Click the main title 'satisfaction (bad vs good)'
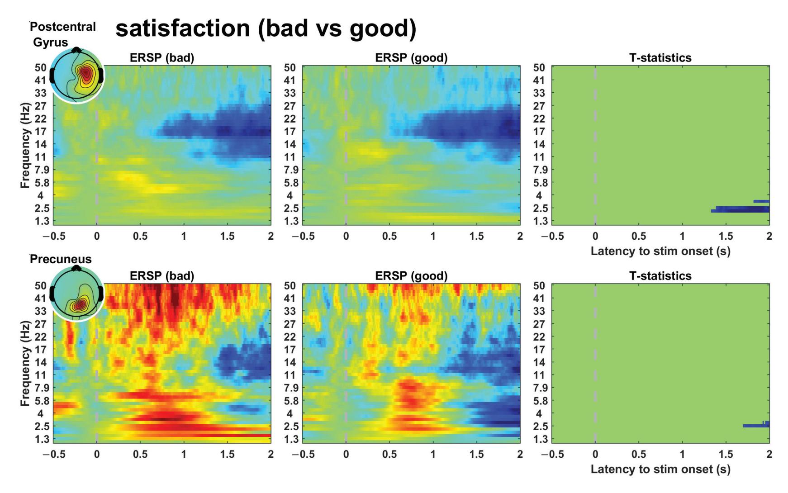[266, 28]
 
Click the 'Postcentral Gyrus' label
[62, 34]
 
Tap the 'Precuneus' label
[61, 259]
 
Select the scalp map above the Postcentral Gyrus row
[77, 76]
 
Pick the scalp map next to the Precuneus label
[77, 294]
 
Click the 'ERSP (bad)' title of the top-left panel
[162, 58]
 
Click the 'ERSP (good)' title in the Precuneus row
[411, 276]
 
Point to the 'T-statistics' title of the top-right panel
[660, 58]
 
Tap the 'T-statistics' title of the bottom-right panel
[660, 276]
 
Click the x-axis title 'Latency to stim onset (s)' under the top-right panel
[660, 251]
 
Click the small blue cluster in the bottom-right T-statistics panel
[756, 425]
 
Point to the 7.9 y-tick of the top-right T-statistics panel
[539, 170]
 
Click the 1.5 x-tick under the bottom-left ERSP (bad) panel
[227, 454]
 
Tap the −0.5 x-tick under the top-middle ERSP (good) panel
[303, 236]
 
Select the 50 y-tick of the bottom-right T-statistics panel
[539, 285]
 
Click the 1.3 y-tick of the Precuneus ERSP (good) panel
[290, 439]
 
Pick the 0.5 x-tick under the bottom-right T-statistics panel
[639, 454]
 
